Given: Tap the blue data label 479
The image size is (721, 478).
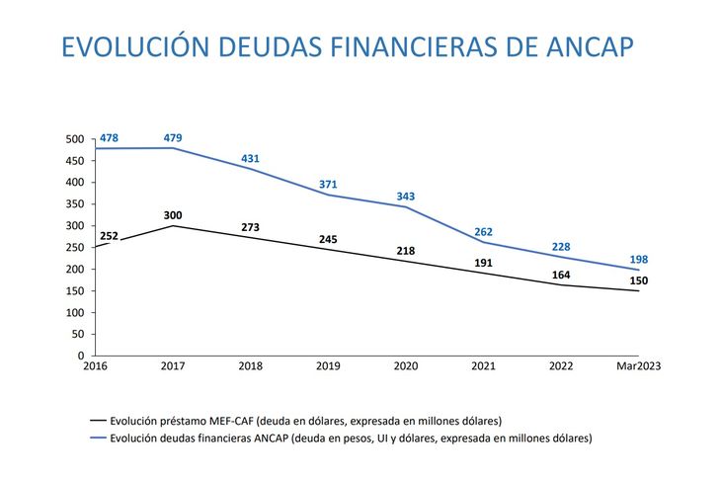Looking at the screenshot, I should tap(173, 137).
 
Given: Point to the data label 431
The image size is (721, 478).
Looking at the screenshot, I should tap(251, 159).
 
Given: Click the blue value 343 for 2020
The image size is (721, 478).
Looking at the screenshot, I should tap(406, 197).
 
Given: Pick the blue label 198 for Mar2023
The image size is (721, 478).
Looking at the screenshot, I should tap(638, 260).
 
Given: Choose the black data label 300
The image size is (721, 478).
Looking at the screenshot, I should tap(173, 215).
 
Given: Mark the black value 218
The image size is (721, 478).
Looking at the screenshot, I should tap(406, 251).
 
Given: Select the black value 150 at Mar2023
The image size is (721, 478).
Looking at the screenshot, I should tap(638, 280).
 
